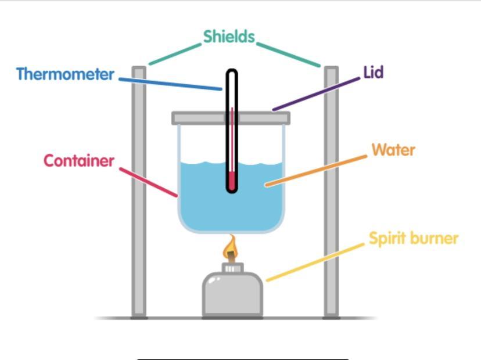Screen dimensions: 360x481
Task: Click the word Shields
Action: click(x=229, y=37)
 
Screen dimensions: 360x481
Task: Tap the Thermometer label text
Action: click(x=65, y=74)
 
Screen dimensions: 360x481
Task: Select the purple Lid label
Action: click(x=374, y=73)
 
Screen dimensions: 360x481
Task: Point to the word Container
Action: click(x=79, y=161)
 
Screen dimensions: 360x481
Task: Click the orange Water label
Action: click(x=393, y=150)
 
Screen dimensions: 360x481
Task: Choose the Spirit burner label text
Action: click(x=414, y=239)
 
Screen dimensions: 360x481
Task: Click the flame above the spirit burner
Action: click(x=231, y=249)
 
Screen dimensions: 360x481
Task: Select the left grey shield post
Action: click(x=139, y=192)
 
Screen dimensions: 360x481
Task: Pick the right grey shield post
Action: click(x=331, y=192)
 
